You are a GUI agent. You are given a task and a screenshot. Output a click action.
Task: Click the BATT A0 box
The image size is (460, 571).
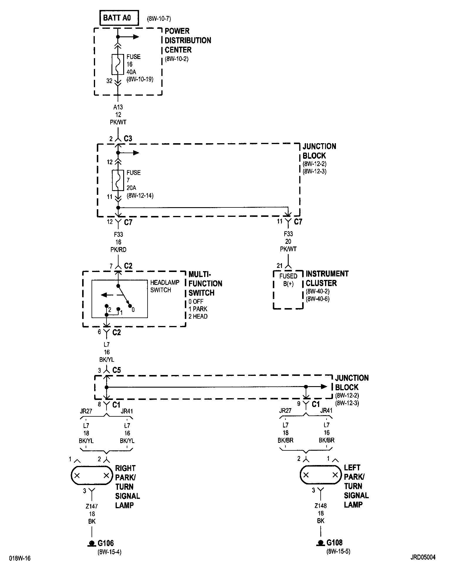tap(119, 18)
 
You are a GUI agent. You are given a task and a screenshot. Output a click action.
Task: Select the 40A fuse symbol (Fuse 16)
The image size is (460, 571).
tap(118, 64)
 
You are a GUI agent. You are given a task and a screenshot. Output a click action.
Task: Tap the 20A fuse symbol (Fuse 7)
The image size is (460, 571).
tap(118, 180)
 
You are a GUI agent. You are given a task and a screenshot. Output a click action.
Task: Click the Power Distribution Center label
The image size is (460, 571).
tap(188, 40)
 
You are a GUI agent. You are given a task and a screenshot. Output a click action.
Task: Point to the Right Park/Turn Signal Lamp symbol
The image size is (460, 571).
tap(92, 475)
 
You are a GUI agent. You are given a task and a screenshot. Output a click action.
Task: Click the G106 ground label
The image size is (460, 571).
tap(105, 543)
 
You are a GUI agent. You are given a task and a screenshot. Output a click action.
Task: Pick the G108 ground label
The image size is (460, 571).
tap(334, 543)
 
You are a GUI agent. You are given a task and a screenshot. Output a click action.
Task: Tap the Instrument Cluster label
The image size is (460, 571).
tap(327, 278)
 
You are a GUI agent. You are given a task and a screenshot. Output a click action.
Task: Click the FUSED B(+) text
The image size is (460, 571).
tap(288, 280)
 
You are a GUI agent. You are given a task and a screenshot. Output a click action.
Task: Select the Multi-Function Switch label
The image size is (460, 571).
tap(205, 283)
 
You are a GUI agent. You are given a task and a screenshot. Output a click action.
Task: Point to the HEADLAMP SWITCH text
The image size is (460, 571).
tap(165, 286)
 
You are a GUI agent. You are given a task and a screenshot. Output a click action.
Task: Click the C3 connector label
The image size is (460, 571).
tap(128, 138)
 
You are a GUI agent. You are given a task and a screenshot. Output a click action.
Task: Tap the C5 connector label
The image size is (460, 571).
tap(116, 370)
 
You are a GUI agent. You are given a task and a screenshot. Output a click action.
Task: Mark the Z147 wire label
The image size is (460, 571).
tap(92, 506)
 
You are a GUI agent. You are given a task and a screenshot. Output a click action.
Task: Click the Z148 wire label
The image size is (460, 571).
tap(321, 506)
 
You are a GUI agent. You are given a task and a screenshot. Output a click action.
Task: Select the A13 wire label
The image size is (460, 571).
tap(118, 107)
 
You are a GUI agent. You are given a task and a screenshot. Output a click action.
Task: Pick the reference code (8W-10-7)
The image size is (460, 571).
tap(159, 19)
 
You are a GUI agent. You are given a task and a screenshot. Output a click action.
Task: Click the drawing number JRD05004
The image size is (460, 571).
tap(423, 557)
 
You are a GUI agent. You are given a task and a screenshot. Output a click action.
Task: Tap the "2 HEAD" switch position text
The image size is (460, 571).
tap(198, 316)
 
